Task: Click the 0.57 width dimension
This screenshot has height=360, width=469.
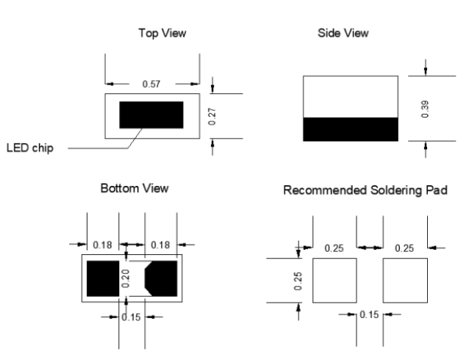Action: point(151,84)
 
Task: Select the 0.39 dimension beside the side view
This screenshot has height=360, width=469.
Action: point(426,108)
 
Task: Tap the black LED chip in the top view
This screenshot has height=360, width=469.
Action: point(151,115)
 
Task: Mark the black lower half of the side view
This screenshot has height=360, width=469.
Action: point(351,129)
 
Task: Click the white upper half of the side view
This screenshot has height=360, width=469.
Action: point(351,95)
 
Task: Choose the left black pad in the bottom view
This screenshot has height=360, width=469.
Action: point(103,278)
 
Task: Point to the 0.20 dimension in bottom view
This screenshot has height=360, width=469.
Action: point(125,277)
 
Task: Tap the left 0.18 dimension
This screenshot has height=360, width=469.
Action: point(103,244)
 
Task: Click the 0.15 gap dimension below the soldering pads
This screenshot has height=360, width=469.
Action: point(370,314)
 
